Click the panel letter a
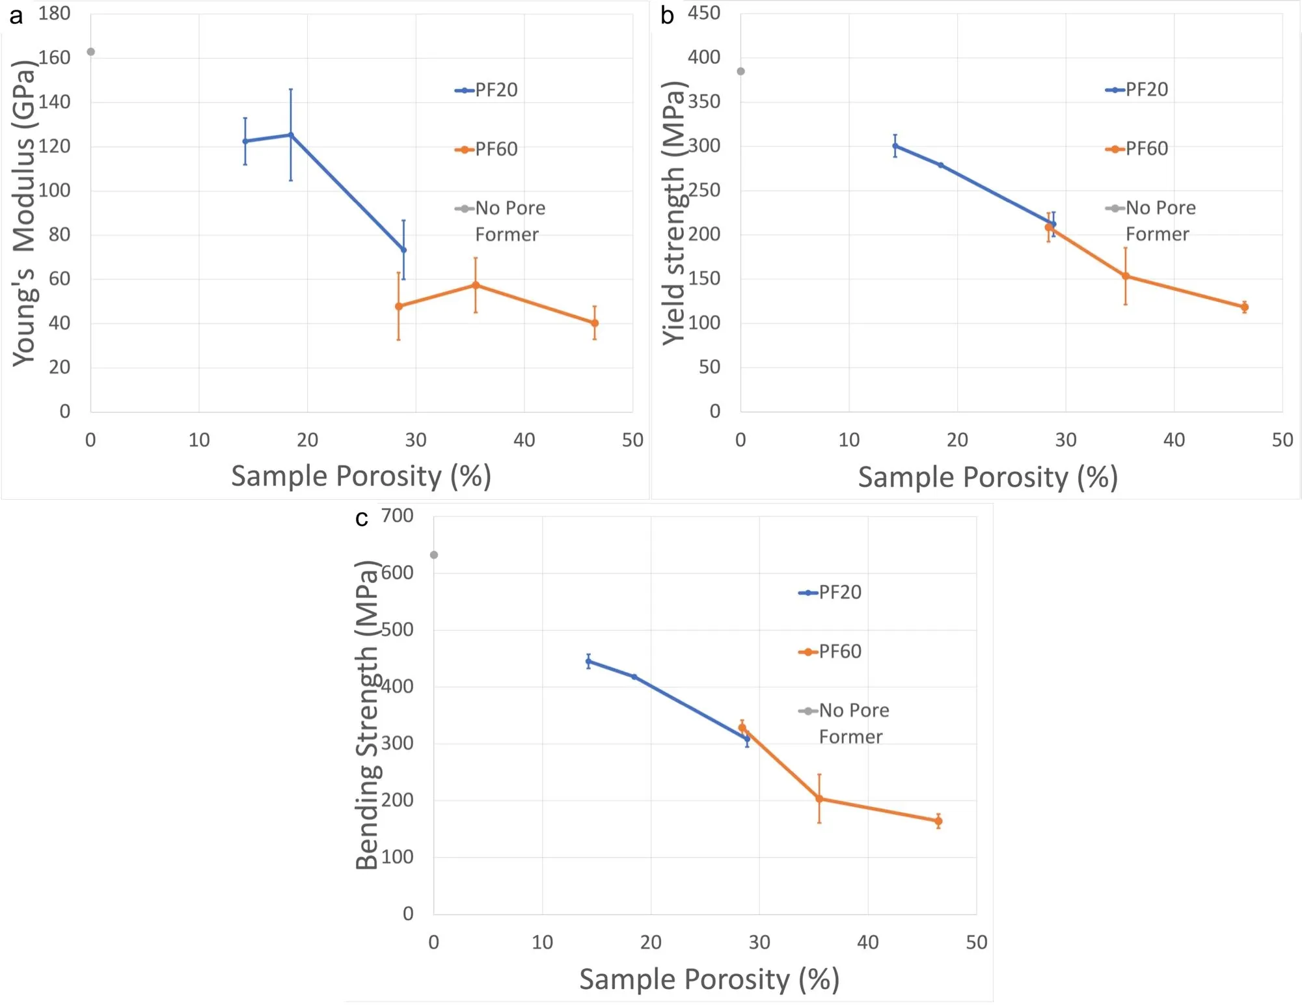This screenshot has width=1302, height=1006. tap(16, 16)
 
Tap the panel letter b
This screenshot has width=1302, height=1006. tap(667, 16)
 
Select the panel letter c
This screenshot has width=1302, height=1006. tap(362, 519)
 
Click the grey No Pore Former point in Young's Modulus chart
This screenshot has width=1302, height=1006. tap(91, 52)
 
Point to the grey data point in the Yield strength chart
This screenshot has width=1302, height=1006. tap(740, 72)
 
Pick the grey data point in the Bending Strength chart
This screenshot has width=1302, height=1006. tap(434, 555)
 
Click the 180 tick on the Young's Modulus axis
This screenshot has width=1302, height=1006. tap(54, 14)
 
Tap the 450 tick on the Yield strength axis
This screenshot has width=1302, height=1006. tap(704, 14)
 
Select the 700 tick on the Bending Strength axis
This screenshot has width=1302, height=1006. tap(397, 516)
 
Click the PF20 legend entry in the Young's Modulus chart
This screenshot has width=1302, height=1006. tap(487, 90)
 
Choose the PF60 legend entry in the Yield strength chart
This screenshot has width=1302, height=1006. tap(1137, 149)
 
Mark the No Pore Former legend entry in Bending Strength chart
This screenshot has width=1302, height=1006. tap(844, 723)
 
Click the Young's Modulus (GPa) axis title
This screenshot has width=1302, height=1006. tap(23, 213)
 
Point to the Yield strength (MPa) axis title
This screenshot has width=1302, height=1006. tap(674, 213)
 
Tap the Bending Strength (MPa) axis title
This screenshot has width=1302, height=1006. tap(367, 714)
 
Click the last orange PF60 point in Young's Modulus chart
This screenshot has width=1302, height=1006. tap(595, 323)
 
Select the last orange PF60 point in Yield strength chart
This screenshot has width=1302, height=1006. tap(1245, 307)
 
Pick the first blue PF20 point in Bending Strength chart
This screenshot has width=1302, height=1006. tap(588, 662)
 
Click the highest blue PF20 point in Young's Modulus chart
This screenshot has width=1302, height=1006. tap(291, 135)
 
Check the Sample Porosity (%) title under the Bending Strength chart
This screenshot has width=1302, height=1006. tap(709, 979)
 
